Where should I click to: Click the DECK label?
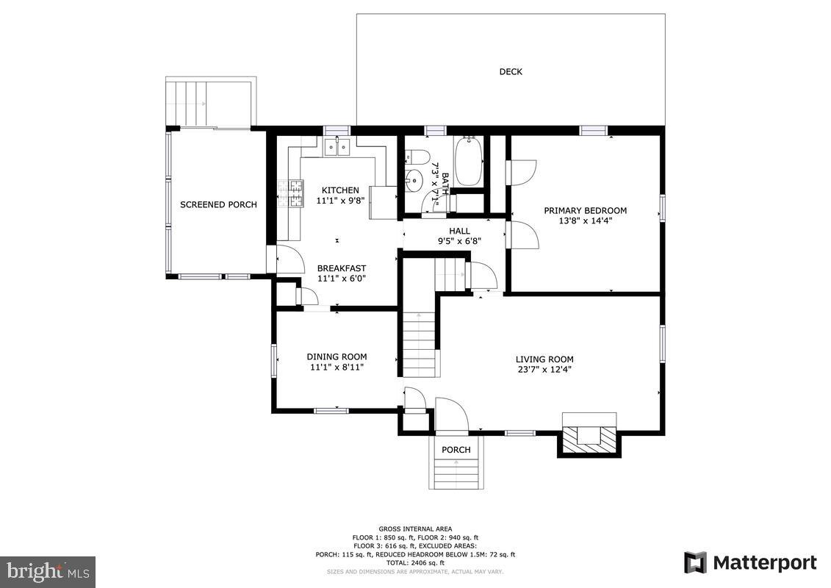point(511,71)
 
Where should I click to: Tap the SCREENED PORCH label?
point(218,204)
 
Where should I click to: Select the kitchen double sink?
point(337,146)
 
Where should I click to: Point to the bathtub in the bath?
point(468,161)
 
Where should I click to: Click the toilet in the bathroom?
point(417,157)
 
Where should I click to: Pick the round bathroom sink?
point(413,180)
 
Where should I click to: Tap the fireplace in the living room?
point(589,434)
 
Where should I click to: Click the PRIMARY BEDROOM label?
point(585,210)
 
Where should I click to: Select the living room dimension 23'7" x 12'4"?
point(544,370)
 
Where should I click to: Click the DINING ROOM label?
point(337,356)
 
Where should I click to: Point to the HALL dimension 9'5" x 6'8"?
point(459,241)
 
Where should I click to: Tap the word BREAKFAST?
point(342,268)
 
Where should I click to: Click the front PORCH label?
point(456,450)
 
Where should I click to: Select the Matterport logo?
point(750,562)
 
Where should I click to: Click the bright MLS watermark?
point(48,572)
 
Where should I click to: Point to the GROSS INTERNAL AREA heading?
point(415,528)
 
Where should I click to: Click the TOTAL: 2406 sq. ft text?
point(415,562)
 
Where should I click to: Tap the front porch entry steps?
point(456,472)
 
